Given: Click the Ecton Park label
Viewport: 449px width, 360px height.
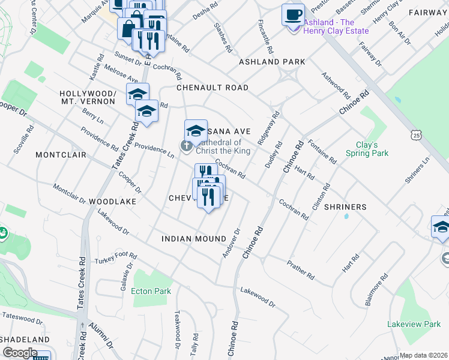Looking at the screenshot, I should tap(152, 292).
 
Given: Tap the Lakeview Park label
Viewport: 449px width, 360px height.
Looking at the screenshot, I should tap(414, 324).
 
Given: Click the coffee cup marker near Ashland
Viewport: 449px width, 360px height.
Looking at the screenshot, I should tap(293, 14).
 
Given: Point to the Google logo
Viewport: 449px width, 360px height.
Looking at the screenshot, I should tap(20, 353).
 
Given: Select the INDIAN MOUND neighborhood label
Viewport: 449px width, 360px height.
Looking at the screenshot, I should tap(193, 239).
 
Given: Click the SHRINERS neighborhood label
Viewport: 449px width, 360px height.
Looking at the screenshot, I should tap(345, 207).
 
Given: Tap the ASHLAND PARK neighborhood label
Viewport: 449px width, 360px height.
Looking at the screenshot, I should tap(272, 62).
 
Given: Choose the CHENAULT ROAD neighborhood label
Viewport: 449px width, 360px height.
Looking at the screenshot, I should tap(212, 88).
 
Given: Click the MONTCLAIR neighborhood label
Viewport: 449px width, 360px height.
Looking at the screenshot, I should tap(58, 155).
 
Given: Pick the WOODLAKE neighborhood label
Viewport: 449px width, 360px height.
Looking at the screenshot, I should tap(113, 202).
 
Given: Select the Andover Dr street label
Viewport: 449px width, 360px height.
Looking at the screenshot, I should tap(231, 243).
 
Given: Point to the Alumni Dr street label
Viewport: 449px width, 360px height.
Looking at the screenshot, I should tap(101, 337).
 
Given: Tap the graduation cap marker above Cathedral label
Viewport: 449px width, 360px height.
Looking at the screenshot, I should tap(196, 130).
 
